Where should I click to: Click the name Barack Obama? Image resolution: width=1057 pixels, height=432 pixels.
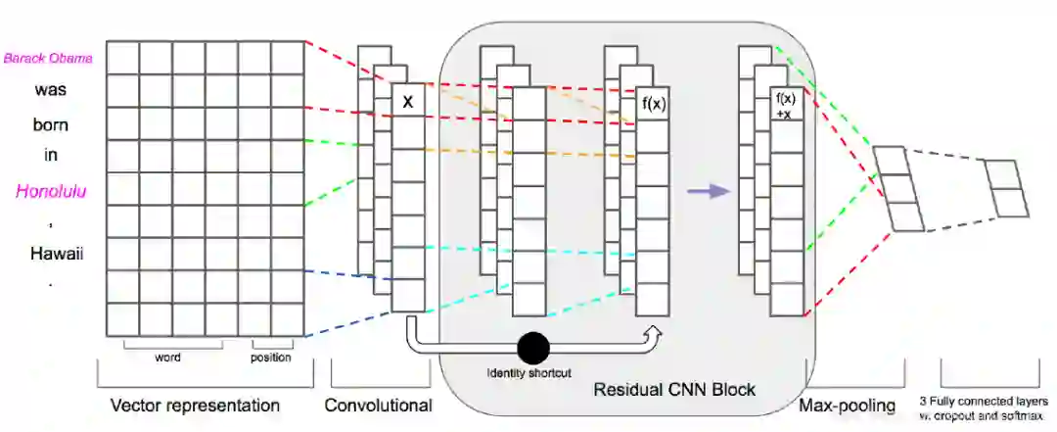point(49,58)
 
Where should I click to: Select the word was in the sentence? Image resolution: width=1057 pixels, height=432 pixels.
point(50,89)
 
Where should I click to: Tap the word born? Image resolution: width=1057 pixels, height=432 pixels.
point(50,123)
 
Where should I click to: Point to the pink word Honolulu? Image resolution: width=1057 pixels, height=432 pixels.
point(50,191)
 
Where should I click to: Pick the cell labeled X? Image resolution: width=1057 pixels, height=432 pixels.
point(408,101)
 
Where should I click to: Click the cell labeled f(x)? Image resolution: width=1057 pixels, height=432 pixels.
point(653,104)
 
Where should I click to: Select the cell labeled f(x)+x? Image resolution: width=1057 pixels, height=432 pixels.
point(785,105)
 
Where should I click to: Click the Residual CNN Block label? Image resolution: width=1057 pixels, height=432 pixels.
point(674,390)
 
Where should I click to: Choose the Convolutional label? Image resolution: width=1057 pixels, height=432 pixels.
point(378,406)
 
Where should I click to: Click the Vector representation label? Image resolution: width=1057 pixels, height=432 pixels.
point(195,406)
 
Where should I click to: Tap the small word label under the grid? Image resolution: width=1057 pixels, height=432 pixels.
point(167,358)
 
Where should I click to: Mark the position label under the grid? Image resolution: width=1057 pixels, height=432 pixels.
point(271,358)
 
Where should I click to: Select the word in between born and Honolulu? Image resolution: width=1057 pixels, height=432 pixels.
point(51,155)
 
